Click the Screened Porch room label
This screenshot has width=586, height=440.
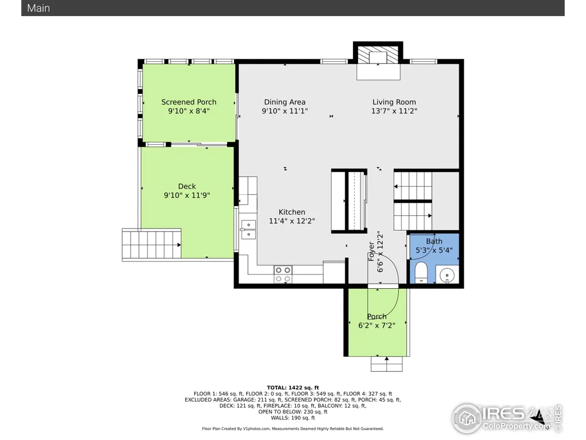pyautogui.click(x=189, y=102)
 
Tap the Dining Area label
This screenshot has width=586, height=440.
pyautogui.click(x=285, y=102)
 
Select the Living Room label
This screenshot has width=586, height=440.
pyautogui.click(x=394, y=102)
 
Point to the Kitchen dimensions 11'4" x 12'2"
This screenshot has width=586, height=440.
pyautogui.click(x=292, y=221)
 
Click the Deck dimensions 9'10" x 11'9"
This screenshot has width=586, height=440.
pyautogui.click(x=187, y=195)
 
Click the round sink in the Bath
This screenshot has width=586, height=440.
pyautogui.click(x=446, y=276)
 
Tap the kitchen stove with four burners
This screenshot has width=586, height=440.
pyautogui.click(x=283, y=274)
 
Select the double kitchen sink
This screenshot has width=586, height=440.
pyautogui.click(x=248, y=229)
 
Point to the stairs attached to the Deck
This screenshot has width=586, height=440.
pyautogui.click(x=152, y=244)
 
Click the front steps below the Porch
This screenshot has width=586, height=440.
pyautogui.click(x=386, y=364)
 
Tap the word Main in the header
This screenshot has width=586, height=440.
pyautogui.click(x=38, y=8)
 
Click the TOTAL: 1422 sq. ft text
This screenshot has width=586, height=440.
pyautogui.click(x=292, y=388)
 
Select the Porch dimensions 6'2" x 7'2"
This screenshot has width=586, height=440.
pyautogui.click(x=377, y=325)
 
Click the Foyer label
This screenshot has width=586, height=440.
pyautogui.click(x=371, y=252)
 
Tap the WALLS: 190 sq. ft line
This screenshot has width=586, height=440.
pyautogui.click(x=292, y=418)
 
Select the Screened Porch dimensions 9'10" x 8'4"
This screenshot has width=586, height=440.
pyautogui.click(x=189, y=111)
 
